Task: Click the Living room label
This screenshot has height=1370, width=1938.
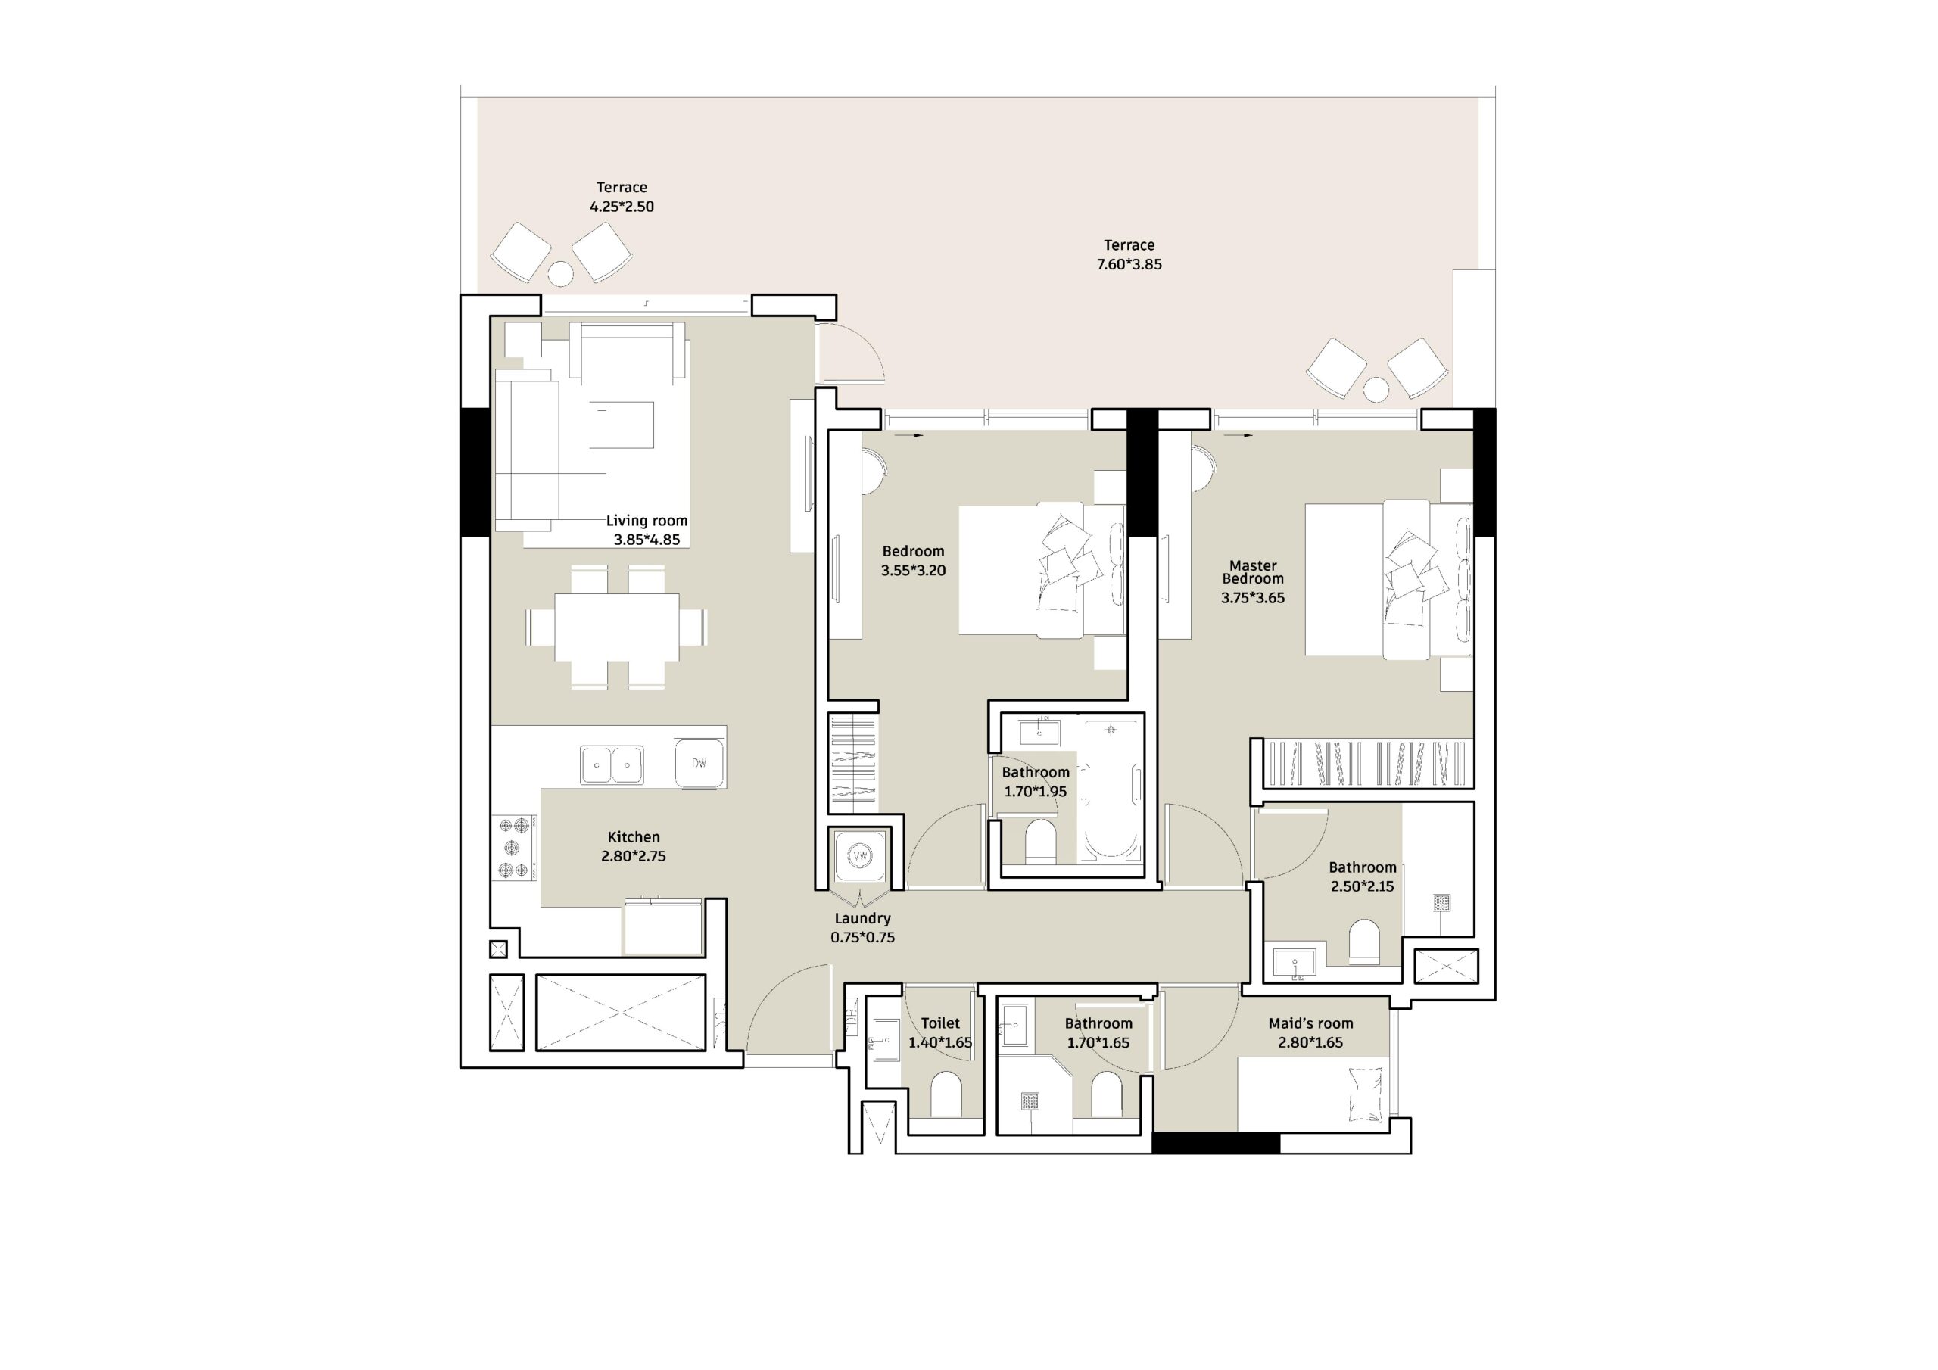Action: tap(647, 521)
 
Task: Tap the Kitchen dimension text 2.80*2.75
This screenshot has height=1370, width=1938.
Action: tap(634, 856)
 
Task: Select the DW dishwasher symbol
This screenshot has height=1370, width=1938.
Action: tap(699, 763)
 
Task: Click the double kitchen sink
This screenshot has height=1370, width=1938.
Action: tap(612, 764)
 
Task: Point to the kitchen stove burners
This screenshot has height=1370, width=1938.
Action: tap(515, 847)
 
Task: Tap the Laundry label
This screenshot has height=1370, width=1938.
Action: tap(863, 918)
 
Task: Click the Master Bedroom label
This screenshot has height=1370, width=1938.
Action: tap(1253, 572)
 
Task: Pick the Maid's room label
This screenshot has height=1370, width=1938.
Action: tap(1311, 1023)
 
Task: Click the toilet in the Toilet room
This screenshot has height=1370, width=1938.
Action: tap(946, 1094)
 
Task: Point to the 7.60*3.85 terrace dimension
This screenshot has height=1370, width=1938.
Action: tap(1129, 264)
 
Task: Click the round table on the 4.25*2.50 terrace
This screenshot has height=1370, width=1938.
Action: tap(559, 273)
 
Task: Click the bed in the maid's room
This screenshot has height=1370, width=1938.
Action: tap(1313, 1093)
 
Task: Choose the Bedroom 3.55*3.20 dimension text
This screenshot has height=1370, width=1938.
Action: tap(913, 571)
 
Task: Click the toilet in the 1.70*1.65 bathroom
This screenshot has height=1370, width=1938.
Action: tap(1107, 1094)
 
